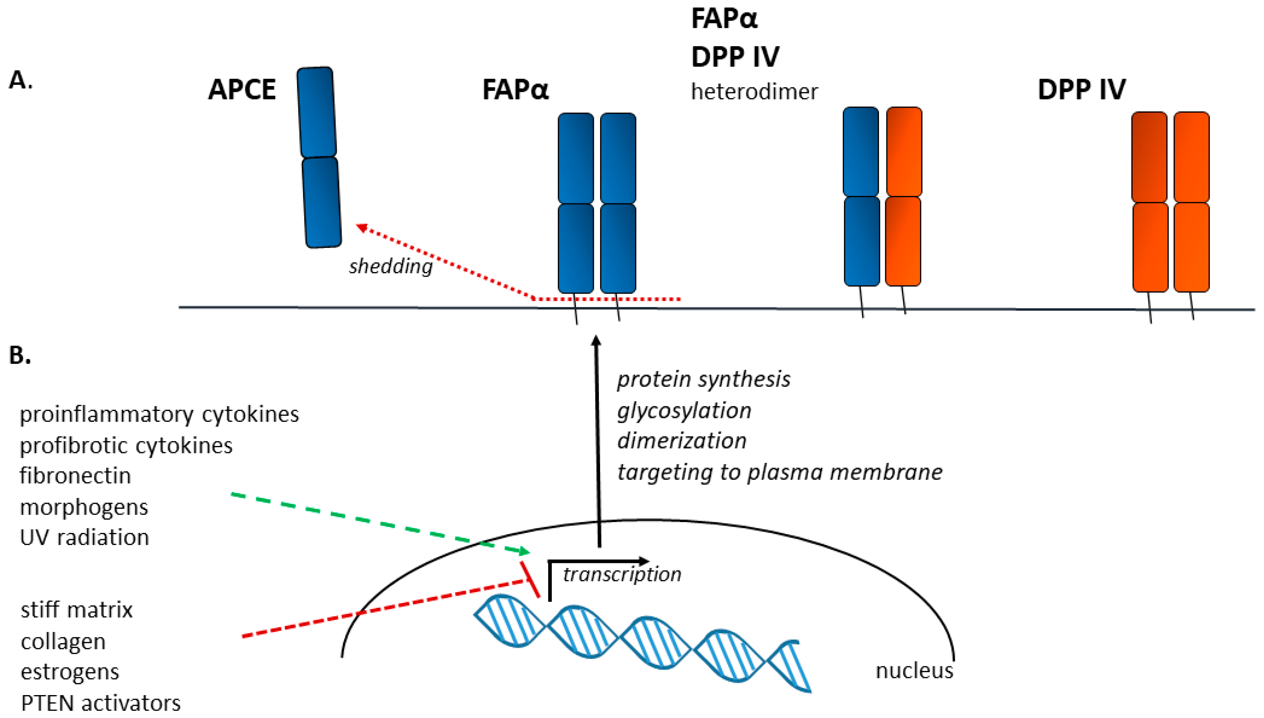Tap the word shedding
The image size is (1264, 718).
tap(391, 266)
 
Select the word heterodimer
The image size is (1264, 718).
tap(754, 92)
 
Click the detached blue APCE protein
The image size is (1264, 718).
tap(319, 158)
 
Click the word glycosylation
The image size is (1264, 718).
tap(684, 410)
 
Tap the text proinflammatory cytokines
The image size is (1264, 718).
tap(159, 414)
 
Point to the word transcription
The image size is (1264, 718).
tap(622, 574)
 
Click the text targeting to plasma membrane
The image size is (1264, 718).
tap(779, 472)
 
